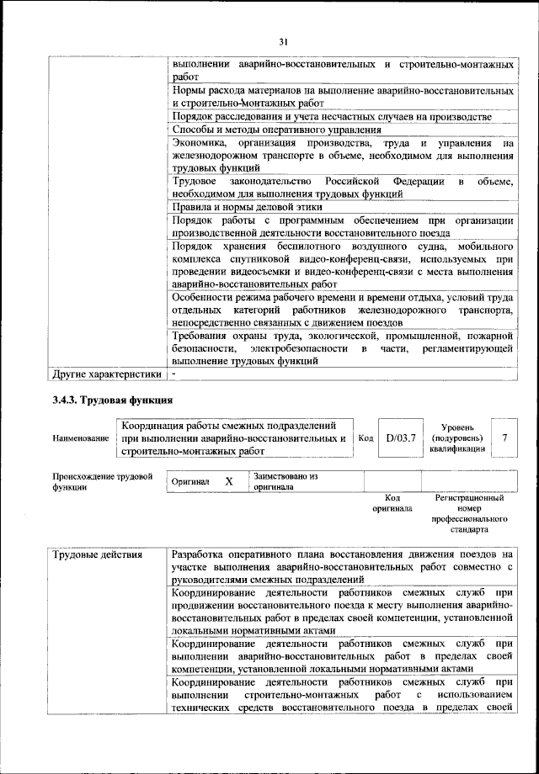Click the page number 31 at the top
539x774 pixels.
coord(282,42)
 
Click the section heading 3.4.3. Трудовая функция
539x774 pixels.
coord(112,399)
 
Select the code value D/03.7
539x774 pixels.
coord(401,437)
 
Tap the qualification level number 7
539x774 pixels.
coord(504,437)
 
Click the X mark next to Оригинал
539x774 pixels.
coord(228,481)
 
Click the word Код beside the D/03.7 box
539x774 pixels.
coord(366,437)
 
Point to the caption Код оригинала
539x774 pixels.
coord(392,503)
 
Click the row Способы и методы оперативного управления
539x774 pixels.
coord(276,130)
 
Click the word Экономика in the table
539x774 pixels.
coord(200,144)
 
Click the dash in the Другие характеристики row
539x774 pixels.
coord(173,372)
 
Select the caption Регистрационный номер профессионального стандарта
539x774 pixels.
coord(468,514)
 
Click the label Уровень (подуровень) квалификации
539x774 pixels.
coord(457,437)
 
